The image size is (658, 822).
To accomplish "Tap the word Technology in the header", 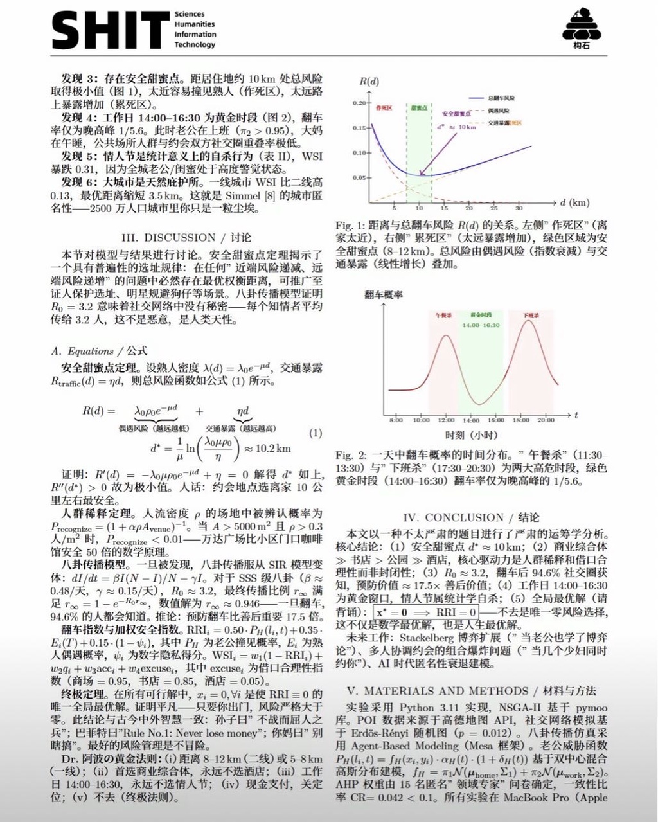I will (195, 45).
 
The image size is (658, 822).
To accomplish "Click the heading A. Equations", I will (99, 351).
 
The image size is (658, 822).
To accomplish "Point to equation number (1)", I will (316, 433).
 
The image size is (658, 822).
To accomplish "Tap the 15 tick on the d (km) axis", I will (443, 208).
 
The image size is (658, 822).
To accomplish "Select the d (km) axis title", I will (574, 202).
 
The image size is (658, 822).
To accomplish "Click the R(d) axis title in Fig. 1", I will (369, 82).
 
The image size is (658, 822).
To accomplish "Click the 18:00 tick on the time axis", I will (520, 420).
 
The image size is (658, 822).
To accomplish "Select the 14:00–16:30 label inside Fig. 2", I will (481, 325).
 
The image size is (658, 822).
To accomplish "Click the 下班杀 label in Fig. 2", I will (531, 316).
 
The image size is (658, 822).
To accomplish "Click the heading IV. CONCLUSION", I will (471, 517).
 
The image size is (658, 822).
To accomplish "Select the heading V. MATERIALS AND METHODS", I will (471, 691).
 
